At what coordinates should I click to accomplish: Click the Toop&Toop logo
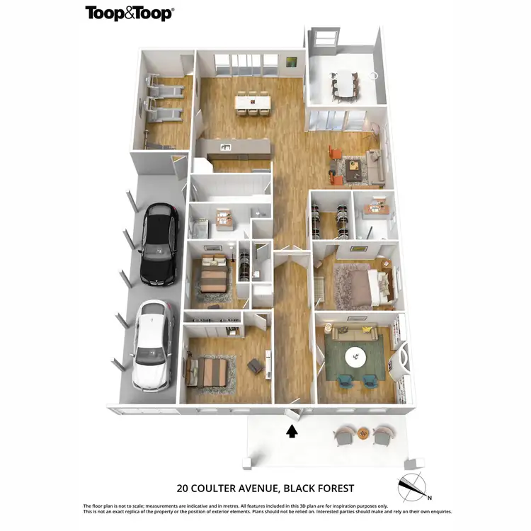pyautogui.click(x=130, y=13)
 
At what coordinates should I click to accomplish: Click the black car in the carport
pyautogui.click(x=158, y=244)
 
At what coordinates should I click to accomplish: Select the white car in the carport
pyautogui.click(x=152, y=345)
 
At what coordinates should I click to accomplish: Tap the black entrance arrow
pyautogui.click(x=291, y=431)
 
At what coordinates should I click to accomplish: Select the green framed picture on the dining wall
pyautogui.click(x=291, y=62)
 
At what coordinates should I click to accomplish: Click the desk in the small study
pyautogui.click(x=372, y=207)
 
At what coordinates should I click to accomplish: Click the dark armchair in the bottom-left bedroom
pyautogui.click(x=254, y=365)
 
